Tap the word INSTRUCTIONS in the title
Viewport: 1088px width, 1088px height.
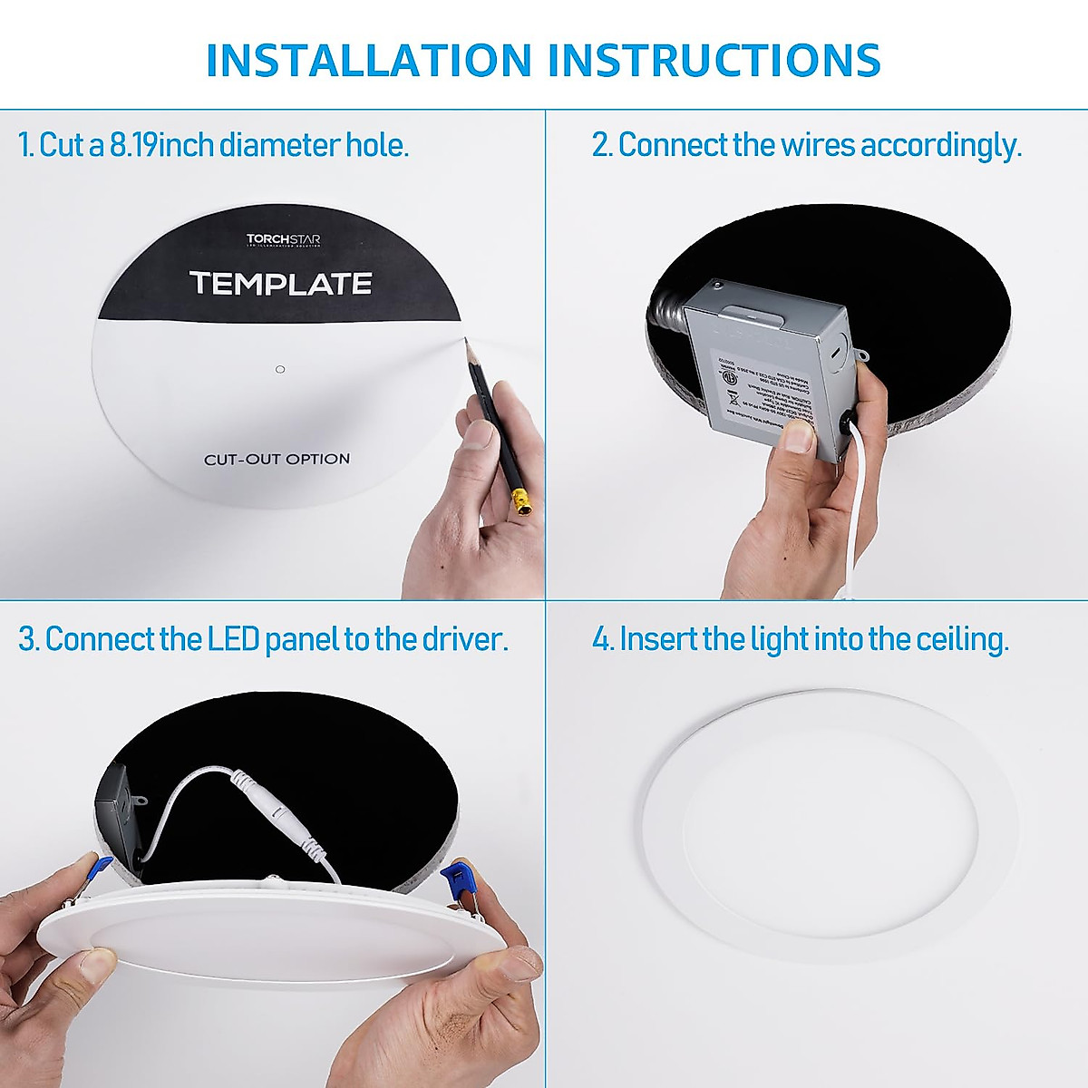tap(714, 60)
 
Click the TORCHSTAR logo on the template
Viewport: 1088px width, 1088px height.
tap(283, 240)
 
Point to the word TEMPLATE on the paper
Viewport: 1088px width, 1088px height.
tap(280, 284)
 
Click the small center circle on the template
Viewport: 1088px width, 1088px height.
tap(280, 369)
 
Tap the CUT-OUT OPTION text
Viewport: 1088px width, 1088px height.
tap(277, 459)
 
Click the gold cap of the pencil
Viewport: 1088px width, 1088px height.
tap(521, 501)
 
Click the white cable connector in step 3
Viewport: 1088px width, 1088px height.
tap(272, 798)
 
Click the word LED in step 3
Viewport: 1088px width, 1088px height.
tap(233, 639)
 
